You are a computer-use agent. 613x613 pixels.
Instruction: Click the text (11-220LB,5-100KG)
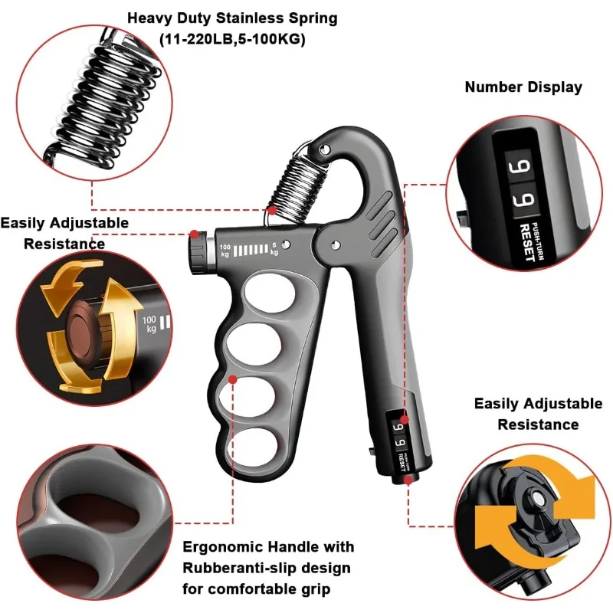(231, 38)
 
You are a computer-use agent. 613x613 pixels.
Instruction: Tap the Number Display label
(523, 87)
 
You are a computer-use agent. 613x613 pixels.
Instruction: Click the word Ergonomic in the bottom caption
(222, 547)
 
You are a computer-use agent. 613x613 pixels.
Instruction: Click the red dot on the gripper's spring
(271, 209)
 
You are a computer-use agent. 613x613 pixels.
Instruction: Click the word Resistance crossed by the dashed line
(64, 244)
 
